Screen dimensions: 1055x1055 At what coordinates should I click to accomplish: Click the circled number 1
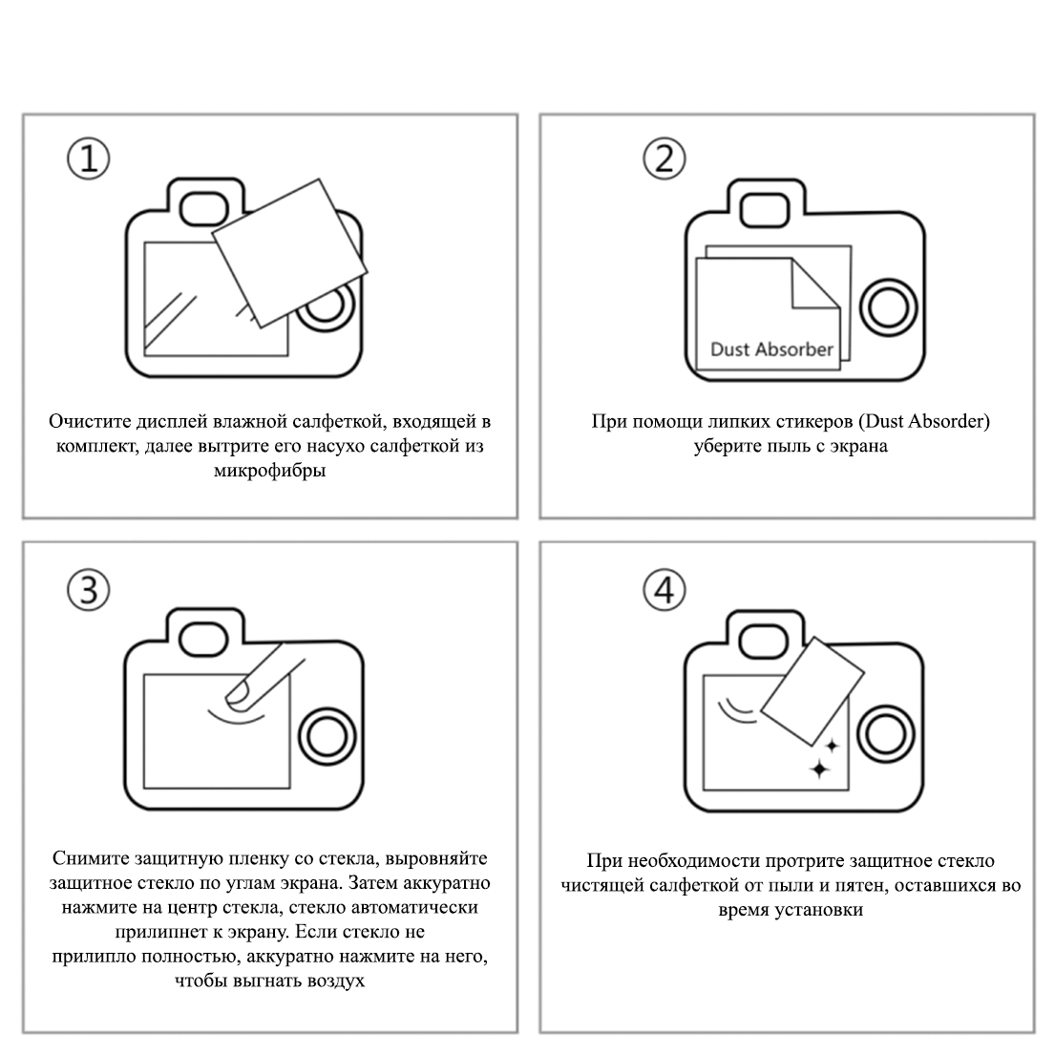point(88,158)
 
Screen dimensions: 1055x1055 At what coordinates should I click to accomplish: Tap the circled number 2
point(665,158)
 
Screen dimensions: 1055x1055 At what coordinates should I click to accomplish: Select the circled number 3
point(88,590)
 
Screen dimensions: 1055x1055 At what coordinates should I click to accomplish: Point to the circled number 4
point(665,590)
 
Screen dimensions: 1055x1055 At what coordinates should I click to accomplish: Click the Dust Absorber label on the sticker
point(771,349)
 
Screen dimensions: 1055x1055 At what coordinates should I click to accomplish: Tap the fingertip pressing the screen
point(239,694)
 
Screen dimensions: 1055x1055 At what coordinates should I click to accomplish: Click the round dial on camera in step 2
point(888,307)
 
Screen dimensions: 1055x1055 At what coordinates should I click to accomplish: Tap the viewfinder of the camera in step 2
point(765,210)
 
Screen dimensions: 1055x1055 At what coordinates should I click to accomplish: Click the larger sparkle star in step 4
point(819,769)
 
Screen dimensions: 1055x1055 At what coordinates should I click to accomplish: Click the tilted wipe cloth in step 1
point(290,252)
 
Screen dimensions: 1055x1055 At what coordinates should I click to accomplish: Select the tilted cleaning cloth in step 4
point(812,691)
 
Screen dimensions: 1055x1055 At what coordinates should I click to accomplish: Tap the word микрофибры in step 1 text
point(270,471)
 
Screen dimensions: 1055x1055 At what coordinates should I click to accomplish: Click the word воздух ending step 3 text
point(336,981)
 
